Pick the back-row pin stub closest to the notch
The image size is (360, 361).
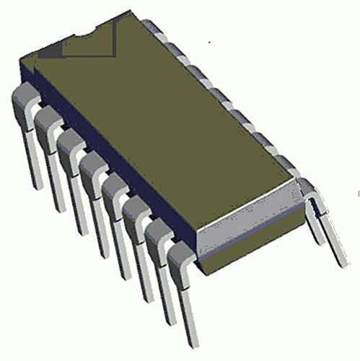tap(151, 25)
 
